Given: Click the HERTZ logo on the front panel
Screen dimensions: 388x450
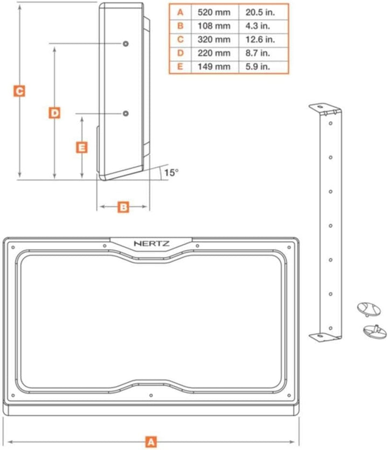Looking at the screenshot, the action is [151, 244].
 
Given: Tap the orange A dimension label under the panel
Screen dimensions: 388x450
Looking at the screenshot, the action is [151, 442].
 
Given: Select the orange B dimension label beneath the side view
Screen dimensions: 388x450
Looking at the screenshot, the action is [123, 207].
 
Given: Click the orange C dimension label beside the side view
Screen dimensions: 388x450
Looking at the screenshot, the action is [19, 91].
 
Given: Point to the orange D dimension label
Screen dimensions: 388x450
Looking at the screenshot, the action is [54, 113].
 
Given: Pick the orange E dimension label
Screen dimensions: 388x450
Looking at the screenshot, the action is [82, 148].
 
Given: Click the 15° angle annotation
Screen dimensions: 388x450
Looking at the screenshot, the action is [171, 172].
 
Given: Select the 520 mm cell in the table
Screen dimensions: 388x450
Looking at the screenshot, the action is [214, 12].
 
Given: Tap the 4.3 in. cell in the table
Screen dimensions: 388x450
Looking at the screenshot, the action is [258, 26].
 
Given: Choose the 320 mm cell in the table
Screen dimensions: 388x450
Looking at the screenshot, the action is [214, 39].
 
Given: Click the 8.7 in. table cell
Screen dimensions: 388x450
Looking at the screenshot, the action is [258, 53].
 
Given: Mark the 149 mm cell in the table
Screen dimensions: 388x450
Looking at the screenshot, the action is [214, 67].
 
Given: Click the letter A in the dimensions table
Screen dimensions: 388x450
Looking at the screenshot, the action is [180, 12].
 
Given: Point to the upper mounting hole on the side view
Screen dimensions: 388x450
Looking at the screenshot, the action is [126, 44].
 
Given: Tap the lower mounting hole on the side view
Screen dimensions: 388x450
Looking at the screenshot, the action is [126, 113].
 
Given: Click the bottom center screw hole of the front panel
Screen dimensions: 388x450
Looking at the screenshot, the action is [151, 396].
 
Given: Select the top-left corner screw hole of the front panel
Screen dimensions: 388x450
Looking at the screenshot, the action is [13, 247].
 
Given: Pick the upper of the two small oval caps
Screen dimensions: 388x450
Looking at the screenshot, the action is [369, 309].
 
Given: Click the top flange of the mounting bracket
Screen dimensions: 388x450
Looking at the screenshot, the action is [325, 108].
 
